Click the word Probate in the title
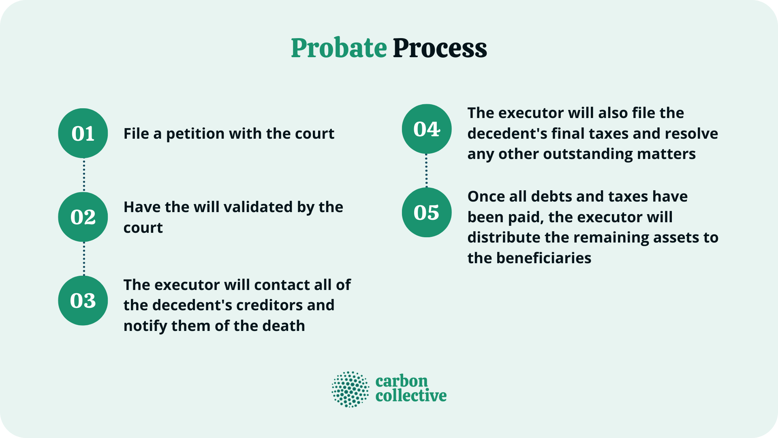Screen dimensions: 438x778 pyautogui.click(x=339, y=48)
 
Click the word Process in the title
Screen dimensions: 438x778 pyautogui.click(x=440, y=48)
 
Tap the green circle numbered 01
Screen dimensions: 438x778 pyautogui.click(x=83, y=133)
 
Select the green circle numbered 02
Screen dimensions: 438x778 pyautogui.click(x=83, y=217)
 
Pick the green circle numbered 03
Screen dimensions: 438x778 pyautogui.click(x=83, y=301)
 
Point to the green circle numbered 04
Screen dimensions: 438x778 pyautogui.click(x=427, y=129)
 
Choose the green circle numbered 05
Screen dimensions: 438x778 pyautogui.click(x=427, y=213)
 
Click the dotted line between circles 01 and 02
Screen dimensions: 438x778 pyautogui.click(x=84, y=175)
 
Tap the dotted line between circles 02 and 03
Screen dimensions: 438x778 pyautogui.click(x=84, y=259)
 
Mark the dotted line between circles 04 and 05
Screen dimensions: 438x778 pyautogui.click(x=426, y=171)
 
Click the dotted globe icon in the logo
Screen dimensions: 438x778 pyautogui.click(x=351, y=389)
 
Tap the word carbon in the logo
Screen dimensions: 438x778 pyautogui.click(x=402, y=381)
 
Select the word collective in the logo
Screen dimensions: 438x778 pyautogui.click(x=411, y=396)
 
